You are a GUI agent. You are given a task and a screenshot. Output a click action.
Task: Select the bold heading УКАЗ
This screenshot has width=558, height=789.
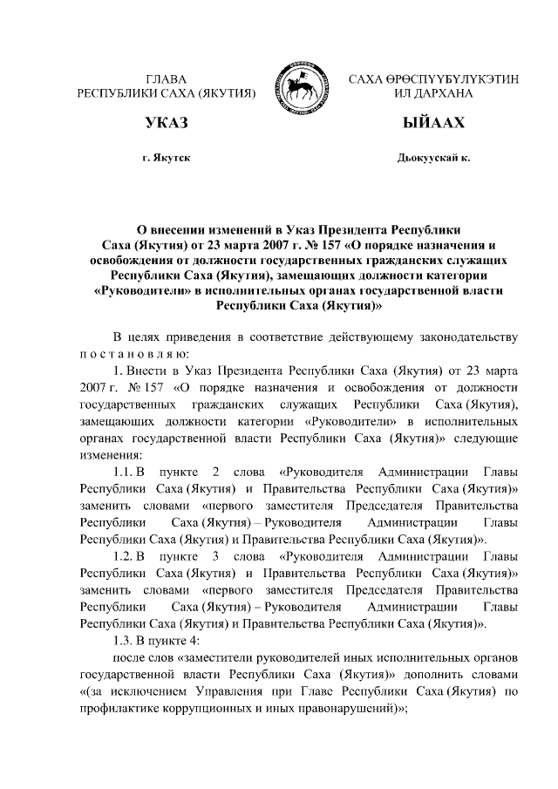click(167, 123)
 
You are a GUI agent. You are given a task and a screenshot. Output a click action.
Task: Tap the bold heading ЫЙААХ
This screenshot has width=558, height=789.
click(433, 123)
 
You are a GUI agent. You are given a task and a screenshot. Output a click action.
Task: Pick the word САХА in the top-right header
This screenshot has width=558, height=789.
click(369, 79)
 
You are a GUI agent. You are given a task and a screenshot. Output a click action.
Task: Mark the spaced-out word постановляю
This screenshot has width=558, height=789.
click(132, 354)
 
